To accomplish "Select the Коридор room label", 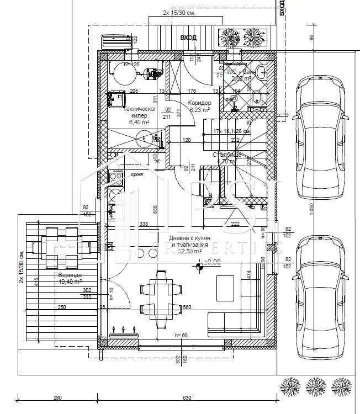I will [x=199, y=103].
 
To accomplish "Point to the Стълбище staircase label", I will [x=227, y=155].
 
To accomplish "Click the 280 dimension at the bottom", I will [x=58, y=397].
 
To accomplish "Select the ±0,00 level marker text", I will [x=211, y=262].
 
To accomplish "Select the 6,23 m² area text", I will [x=199, y=110].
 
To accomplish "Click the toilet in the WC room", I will [x=257, y=99].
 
